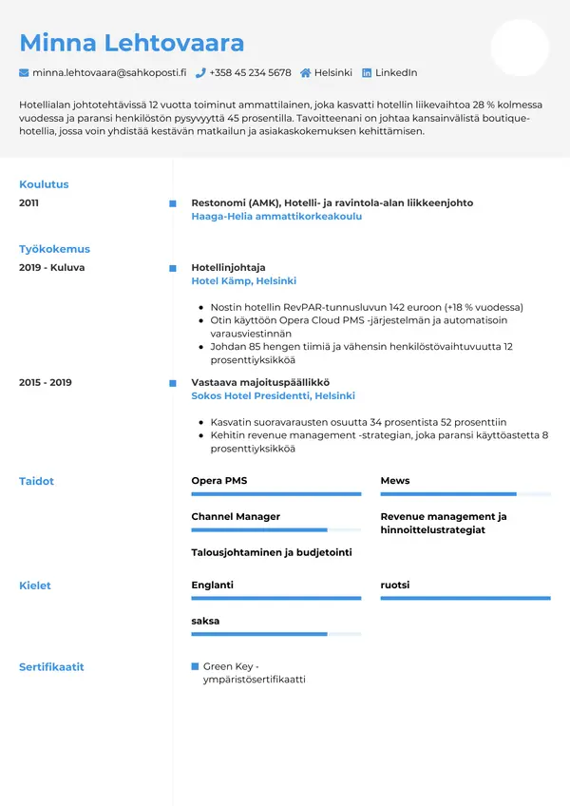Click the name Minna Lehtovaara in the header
click(132, 43)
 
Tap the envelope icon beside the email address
click(24, 73)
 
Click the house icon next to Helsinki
click(306, 73)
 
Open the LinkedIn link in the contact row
click(395, 73)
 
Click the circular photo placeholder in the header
click(520, 48)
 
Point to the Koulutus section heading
click(44, 184)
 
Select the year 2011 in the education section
click(29, 202)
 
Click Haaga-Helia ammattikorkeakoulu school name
click(276, 217)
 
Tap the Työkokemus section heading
click(54, 249)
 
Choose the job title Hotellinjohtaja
click(228, 267)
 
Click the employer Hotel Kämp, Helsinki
click(243, 281)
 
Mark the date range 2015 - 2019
click(45, 382)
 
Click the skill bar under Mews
click(465, 494)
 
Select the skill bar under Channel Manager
click(275, 529)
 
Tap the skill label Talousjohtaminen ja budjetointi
click(272, 552)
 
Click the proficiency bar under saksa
click(275, 634)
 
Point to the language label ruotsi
click(395, 585)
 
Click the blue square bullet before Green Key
click(196, 666)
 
